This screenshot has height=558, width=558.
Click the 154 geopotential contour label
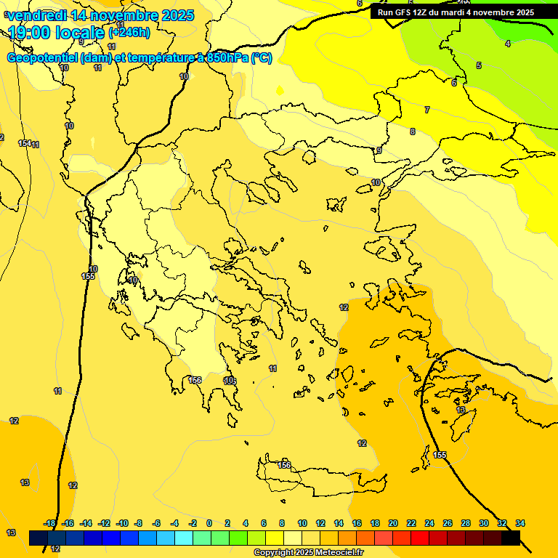pos(25,144)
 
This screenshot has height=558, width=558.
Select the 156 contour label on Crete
pos(285,465)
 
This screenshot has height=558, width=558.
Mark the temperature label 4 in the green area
pos(507,44)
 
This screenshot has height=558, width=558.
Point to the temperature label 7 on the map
pos(426,110)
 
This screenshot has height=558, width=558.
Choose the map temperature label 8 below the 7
pos(412,132)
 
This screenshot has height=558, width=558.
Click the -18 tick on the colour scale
pos(49,523)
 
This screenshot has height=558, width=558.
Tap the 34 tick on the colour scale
pos(520,523)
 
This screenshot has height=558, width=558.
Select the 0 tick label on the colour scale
pos(209,523)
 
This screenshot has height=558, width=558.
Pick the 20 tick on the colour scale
pos(393,523)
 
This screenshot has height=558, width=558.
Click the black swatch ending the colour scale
pos(511,538)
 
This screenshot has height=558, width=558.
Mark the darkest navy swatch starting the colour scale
pos(39,538)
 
